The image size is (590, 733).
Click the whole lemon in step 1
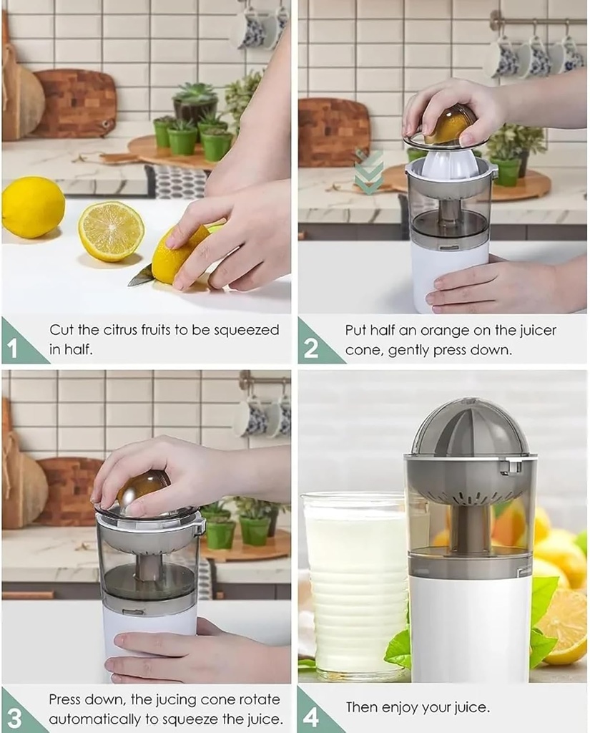click(x=33, y=207)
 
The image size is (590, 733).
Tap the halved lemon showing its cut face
click(x=111, y=230)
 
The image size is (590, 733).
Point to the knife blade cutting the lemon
click(x=141, y=276)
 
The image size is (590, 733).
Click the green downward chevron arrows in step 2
click(x=368, y=172)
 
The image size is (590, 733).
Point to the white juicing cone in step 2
click(x=450, y=164)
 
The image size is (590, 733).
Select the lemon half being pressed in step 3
click(x=143, y=487)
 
